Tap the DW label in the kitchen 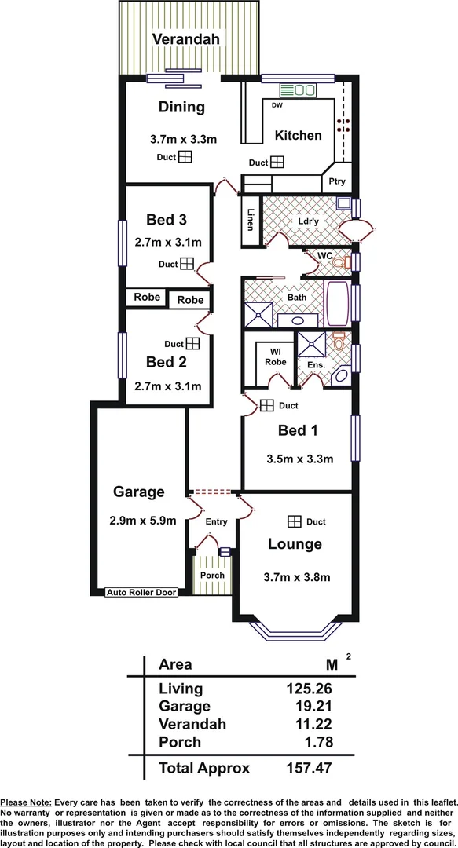point(277,105)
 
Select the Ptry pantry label point(337,181)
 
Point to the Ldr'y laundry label point(308,221)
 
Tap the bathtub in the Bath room point(339,304)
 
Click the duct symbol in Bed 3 point(187,265)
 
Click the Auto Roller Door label point(141,593)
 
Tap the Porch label point(212,576)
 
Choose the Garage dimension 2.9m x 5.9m point(139,520)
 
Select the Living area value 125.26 point(310,689)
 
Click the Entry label point(216,522)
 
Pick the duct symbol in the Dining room point(185,157)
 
